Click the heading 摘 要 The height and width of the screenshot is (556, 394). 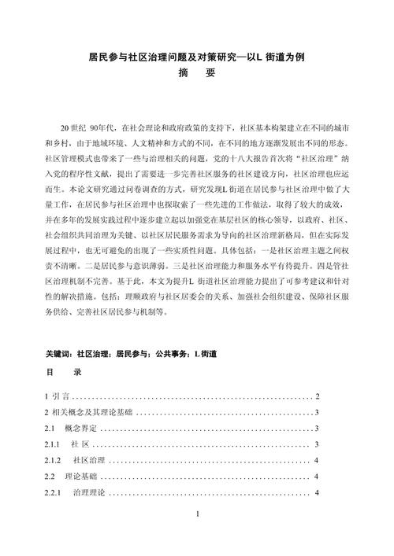(x=197, y=75)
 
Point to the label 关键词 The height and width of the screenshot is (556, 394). (x=61, y=354)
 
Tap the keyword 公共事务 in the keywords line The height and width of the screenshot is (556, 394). (x=166, y=354)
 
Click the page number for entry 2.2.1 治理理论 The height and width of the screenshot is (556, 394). (x=316, y=493)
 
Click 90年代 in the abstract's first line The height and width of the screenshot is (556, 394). (x=103, y=127)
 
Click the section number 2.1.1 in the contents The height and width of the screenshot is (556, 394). (x=54, y=445)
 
